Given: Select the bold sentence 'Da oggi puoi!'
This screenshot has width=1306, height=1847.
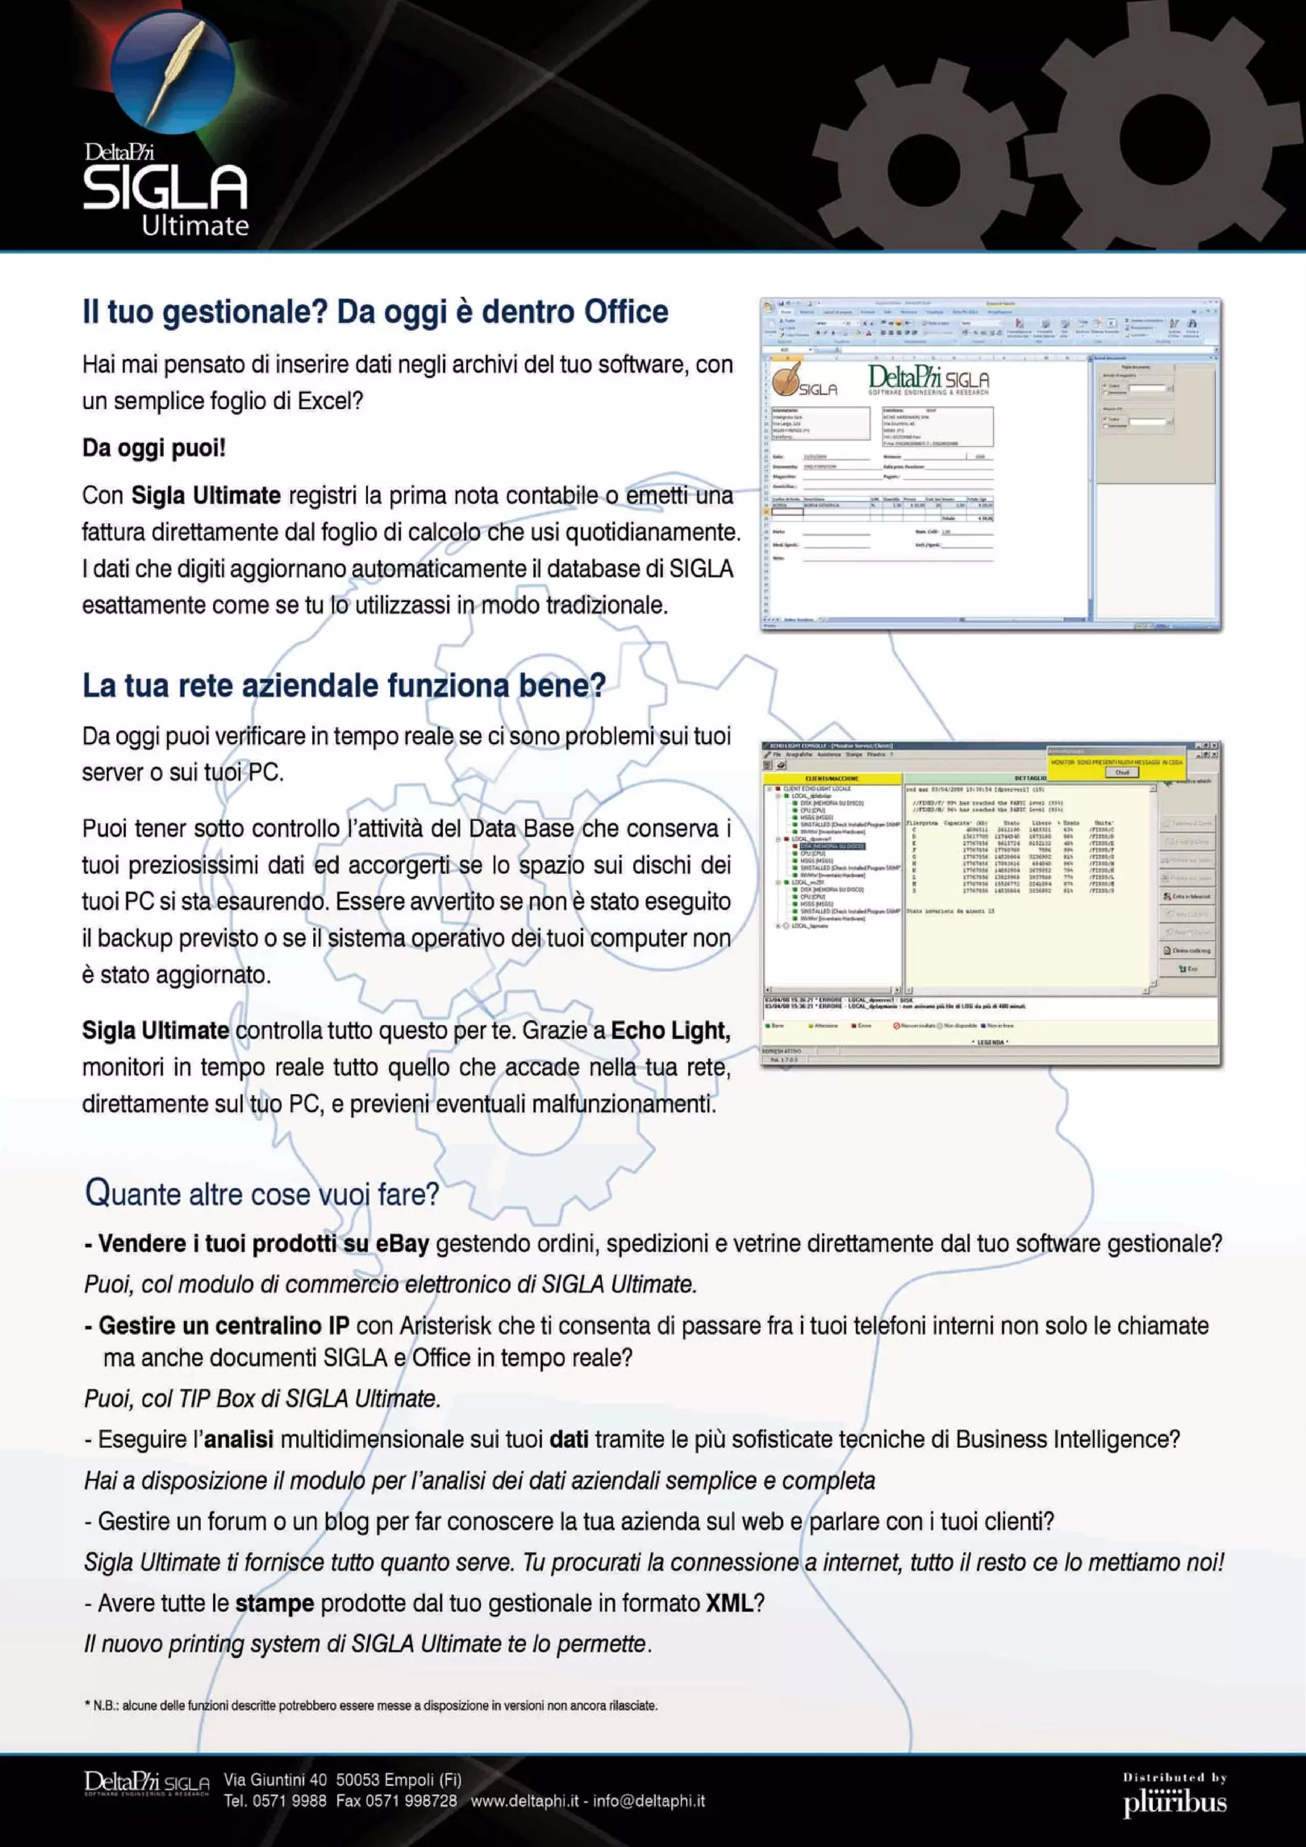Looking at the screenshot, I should point(154,448).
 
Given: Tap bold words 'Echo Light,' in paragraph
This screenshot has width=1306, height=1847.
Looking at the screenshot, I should point(670,1031).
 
